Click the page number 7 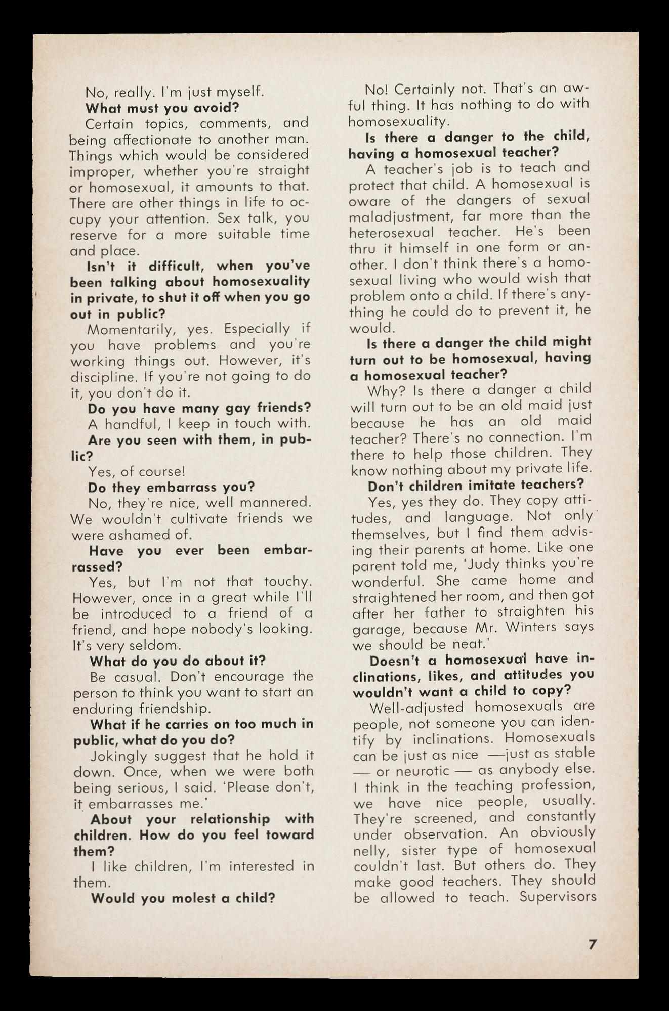[x=593, y=944]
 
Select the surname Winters [x=528, y=628]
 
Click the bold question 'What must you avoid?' [x=162, y=108]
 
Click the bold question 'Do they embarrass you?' [x=172, y=488]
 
